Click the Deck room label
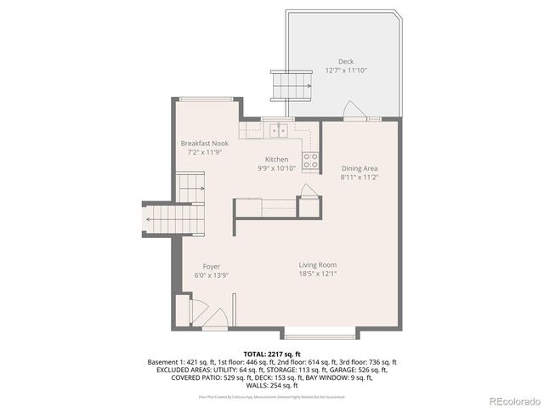[x=345, y=61]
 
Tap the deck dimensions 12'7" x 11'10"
[x=345, y=71]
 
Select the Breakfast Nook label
[x=204, y=144]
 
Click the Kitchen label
[x=276, y=159]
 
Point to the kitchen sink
[x=277, y=131]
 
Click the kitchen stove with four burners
[x=311, y=161]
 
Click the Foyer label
[x=211, y=267]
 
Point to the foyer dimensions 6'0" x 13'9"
[x=211, y=275]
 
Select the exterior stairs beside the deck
[x=286, y=85]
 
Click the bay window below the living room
[x=319, y=331]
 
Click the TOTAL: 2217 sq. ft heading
[x=272, y=353]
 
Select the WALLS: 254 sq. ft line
[x=272, y=385]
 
